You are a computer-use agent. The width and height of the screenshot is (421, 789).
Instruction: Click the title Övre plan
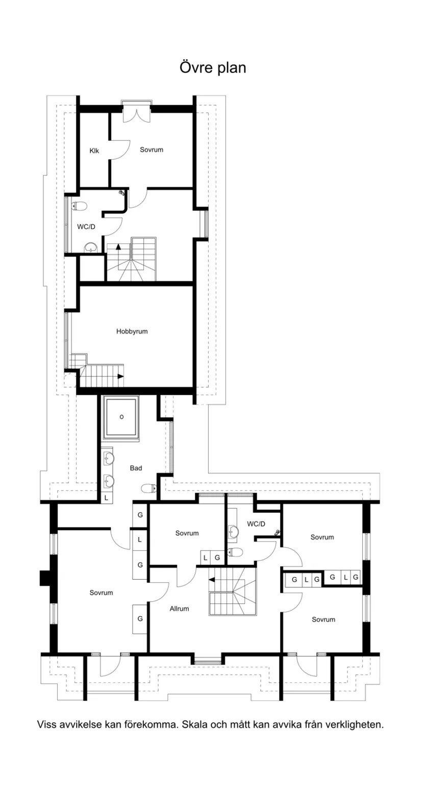point(213,68)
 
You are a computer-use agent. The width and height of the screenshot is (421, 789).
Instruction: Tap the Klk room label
point(94,151)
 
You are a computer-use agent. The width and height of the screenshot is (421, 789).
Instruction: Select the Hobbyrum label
point(132,331)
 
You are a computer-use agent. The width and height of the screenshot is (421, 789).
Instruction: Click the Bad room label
point(136,468)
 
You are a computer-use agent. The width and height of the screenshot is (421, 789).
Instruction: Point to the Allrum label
point(179,609)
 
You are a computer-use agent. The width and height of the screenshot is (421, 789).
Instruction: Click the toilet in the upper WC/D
point(79,206)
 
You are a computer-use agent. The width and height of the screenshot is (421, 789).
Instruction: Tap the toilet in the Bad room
point(149,488)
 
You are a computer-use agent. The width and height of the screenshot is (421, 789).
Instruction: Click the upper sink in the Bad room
point(109,459)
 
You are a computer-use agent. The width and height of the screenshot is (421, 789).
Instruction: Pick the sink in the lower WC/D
point(233,530)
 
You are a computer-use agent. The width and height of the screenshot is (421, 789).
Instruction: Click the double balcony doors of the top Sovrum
point(137,112)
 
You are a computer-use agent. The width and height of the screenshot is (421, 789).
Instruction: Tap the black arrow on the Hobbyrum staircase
point(120,376)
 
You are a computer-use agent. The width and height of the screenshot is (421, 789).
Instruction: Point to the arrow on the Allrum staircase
point(212,579)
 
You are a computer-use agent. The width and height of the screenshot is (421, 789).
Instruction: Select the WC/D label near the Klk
point(86,227)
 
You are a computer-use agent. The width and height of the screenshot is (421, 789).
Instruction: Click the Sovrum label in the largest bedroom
point(101,593)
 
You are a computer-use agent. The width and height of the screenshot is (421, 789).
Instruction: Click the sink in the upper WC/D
point(91,248)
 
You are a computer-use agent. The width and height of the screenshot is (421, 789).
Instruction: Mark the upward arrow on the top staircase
point(118,246)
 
